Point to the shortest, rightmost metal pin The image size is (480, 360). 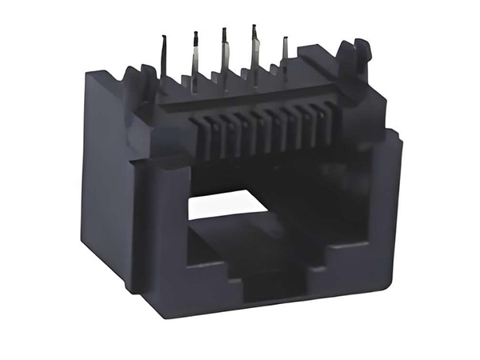tap(283, 52)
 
